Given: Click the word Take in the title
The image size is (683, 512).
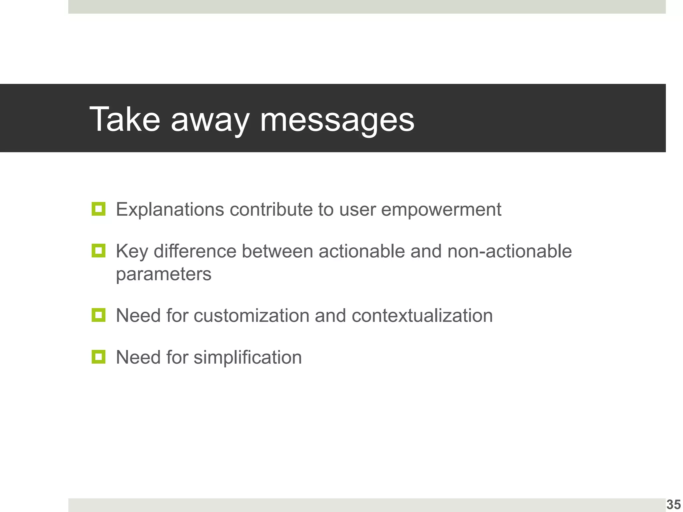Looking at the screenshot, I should [125, 119].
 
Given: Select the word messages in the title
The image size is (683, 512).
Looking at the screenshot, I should [337, 121].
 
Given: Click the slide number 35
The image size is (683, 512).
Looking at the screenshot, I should [673, 504].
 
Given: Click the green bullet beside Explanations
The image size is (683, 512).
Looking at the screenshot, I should [98, 209].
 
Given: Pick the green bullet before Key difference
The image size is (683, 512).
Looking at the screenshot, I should [98, 251].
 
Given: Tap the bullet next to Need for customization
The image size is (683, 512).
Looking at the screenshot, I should [98, 315].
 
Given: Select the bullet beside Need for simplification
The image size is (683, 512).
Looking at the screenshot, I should [98, 357].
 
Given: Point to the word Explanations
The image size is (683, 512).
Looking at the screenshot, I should [170, 210].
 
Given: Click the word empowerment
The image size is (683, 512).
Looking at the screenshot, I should [441, 210].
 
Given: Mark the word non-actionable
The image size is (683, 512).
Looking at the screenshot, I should [509, 251].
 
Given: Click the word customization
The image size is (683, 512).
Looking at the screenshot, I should [251, 316].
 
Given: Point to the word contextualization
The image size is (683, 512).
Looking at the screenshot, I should [422, 316].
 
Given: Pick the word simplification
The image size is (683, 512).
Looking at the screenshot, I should [247, 357].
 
